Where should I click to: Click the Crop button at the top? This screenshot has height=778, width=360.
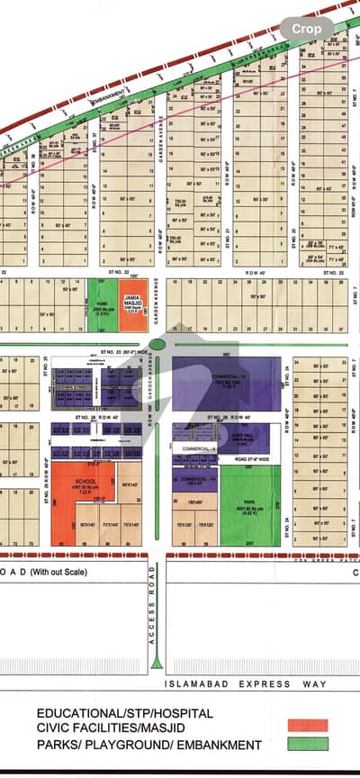point(306,29)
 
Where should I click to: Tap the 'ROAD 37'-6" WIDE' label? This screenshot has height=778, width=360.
point(243,460)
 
